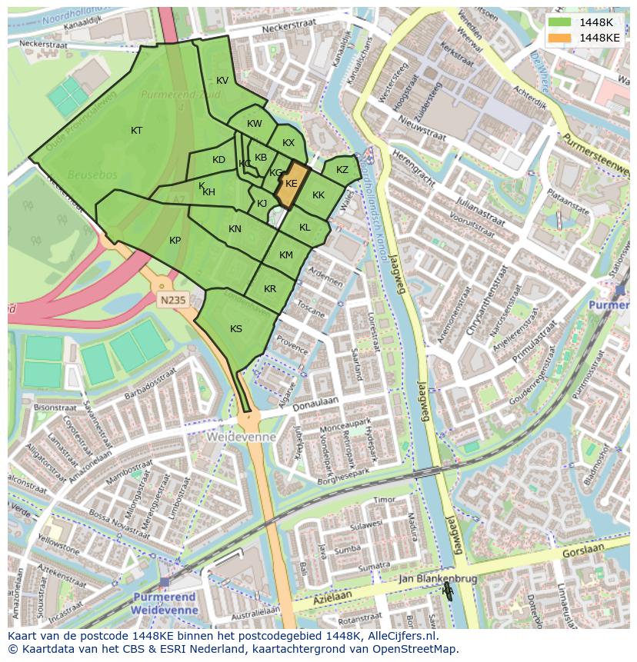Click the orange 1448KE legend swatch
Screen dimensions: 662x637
pyautogui.click(x=560, y=37)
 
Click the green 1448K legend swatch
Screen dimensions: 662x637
pyautogui.click(x=560, y=22)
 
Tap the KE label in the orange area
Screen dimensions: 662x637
pyautogui.click(x=292, y=184)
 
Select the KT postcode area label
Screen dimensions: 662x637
pyautogui.click(x=136, y=131)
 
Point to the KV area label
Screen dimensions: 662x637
pyautogui.click(x=222, y=81)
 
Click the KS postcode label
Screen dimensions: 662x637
pyautogui.click(x=236, y=329)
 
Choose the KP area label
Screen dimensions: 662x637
pyautogui.click(x=175, y=241)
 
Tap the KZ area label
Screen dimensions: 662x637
pyautogui.click(x=342, y=170)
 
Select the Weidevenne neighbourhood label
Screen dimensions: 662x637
pyautogui.click(x=241, y=436)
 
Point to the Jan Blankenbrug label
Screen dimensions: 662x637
pyautogui.click(x=437, y=578)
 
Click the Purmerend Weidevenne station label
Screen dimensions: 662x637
pyautogui.click(x=165, y=603)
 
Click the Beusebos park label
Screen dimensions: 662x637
pyautogui.click(x=92, y=175)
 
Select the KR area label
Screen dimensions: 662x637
pyautogui.click(x=270, y=289)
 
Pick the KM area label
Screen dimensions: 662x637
pyautogui.click(x=286, y=255)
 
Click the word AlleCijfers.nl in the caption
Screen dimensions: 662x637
pyautogui.click(x=401, y=636)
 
